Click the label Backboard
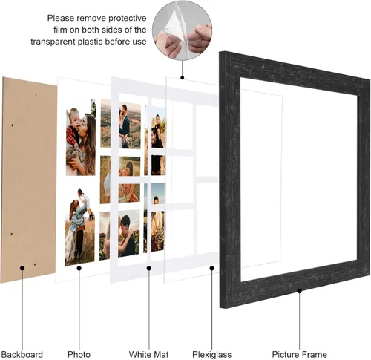pos(22,354)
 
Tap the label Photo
pos(79,354)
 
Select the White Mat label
pos(148,354)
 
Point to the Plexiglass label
pos(212,354)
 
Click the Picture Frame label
pos(299,354)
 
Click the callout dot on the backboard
pos(22,268)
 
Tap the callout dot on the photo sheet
pos(79,268)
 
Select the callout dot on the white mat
pos(149,268)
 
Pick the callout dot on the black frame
pos(300,291)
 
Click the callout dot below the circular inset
pos(183,77)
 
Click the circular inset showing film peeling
pos(182,30)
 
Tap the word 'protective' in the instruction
pos(128,18)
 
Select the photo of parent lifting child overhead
pos(79,226)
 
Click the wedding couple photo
pos(130,125)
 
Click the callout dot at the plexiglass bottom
pos(212,268)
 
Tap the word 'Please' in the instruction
pos(61,18)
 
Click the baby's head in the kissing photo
pos(74,116)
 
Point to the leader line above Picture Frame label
pos(300,321)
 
